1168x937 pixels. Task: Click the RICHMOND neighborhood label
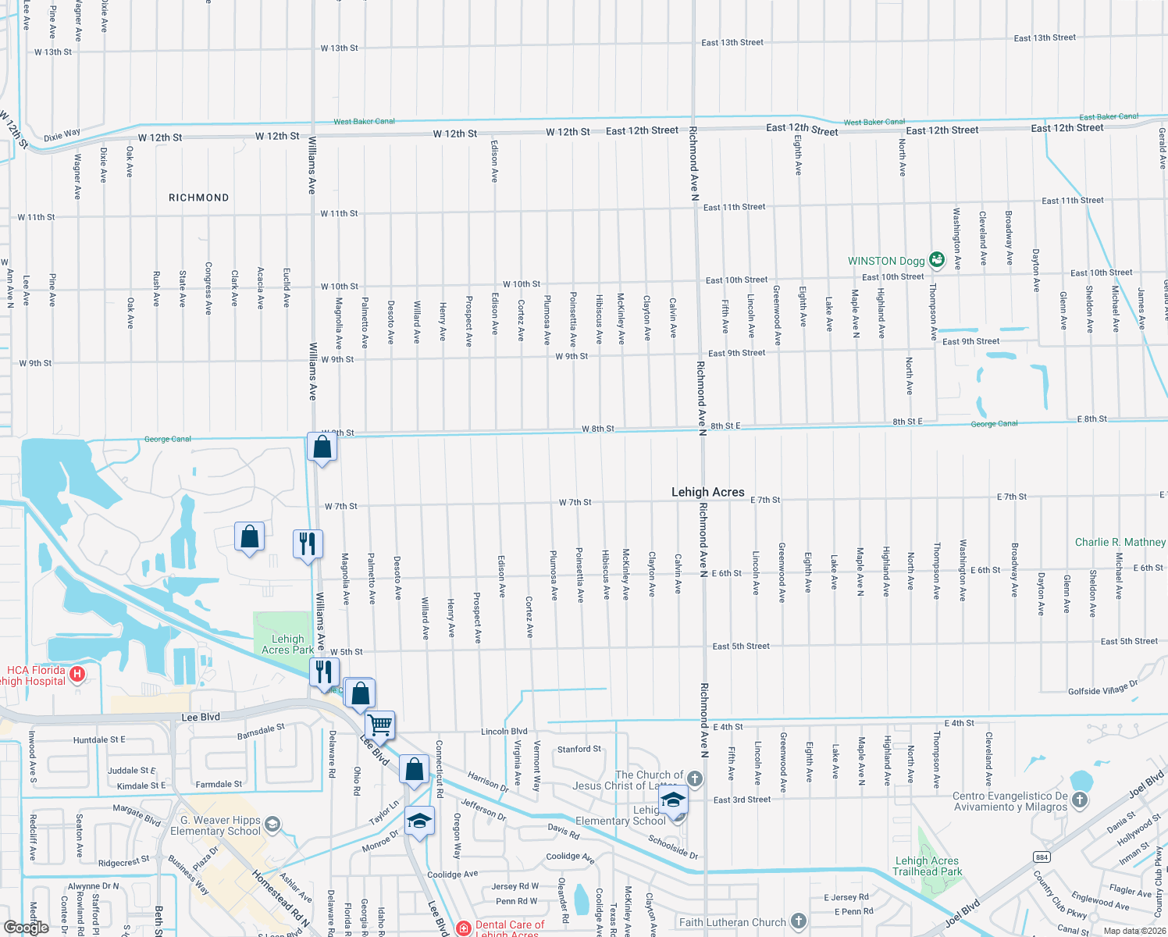pos(199,198)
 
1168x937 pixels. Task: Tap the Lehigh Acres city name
pos(708,492)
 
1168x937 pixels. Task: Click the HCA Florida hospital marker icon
pos(77,673)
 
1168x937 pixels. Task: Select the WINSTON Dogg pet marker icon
pos(937,261)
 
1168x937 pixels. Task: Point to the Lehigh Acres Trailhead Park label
pos(928,866)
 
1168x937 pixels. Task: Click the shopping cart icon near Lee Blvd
pos(380,724)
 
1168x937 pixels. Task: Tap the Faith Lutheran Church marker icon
pos(798,921)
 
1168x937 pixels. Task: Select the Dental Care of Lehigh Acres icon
pos(464,928)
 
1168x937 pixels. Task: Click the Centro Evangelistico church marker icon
pos(1080,800)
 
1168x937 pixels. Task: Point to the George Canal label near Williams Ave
pos(168,439)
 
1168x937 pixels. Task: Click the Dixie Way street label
pos(62,135)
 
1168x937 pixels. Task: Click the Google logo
pos(27,927)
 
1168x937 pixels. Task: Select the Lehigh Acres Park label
pos(288,644)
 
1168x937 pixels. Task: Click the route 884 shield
pos(1042,857)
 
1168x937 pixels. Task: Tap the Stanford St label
pos(579,750)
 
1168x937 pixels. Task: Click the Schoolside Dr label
pos(673,846)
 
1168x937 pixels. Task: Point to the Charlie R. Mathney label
pos(1120,542)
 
